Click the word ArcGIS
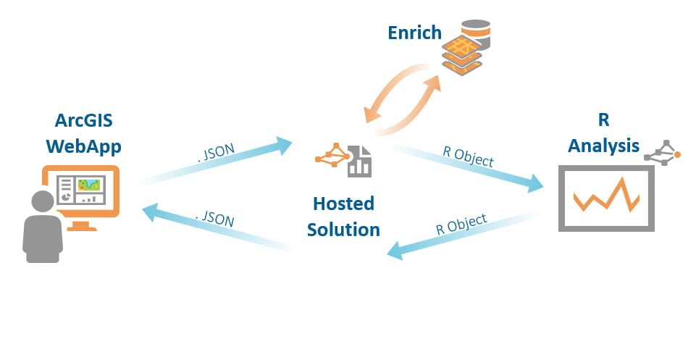pyautogui.click(x=83, y=121)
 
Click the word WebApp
pyautogui.click(x=83, y=146)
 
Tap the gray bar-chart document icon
pyautogui.click(x=359, y=162)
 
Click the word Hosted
pyautogui.click(x=343, y=204)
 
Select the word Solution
pyautogui.click(x=343, y=230)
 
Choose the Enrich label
pyautogui.click(x=414, y=33)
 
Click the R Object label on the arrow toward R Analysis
pyautogui.click(x=468, y=157)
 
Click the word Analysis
pyautogui.click(x=603, y=146)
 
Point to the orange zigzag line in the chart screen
pyautogui.click(x=606, y=196)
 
